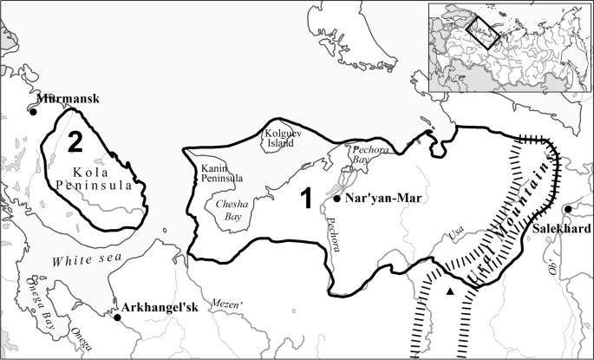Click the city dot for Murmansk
tap(34, 111)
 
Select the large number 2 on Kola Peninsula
tap(76, 141)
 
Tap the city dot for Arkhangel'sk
tap(118, 317)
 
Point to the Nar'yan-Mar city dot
tap(336, 199)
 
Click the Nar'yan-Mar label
tap(383, 199)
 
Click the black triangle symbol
tap(449, 291)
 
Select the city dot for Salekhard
tap(567, 209)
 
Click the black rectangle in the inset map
tap(483, 32)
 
